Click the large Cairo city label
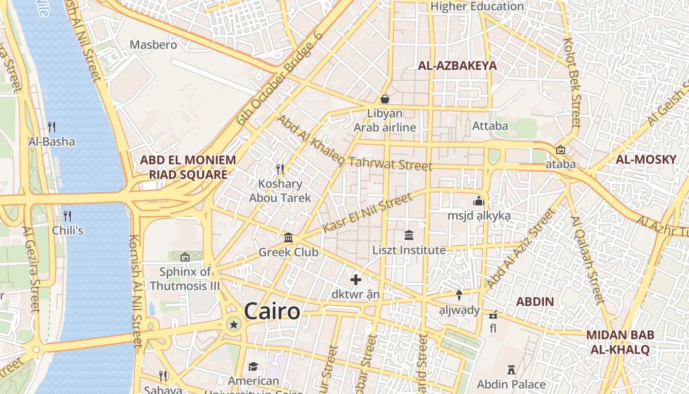click(x=272, y=312)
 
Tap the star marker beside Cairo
click(x=234, y=324)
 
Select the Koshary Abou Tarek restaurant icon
click(x=281, y=169)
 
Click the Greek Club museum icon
click(x=288, y=238)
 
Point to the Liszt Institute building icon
click(x=409, y=235)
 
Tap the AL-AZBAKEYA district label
click(x=457, y=66)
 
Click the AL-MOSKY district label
click(x=646, y=160)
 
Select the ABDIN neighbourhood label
click(x=535, y=301)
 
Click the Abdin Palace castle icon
click(x=511, y=369)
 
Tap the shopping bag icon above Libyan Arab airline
click(x=385, y=99)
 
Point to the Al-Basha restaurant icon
click(x=52, y=127)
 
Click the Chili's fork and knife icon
click(x=67, y=216)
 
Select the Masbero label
click(x=153, y=45)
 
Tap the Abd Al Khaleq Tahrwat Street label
click(x=353, y=144)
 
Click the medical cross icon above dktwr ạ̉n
click(x=356, y=280)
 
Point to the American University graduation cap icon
click(x=253, y=366)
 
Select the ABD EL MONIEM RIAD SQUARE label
click(x=188, y=167)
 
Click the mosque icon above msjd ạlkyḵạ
click(x=479, y=201)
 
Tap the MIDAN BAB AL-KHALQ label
click(x=620, y=342)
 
